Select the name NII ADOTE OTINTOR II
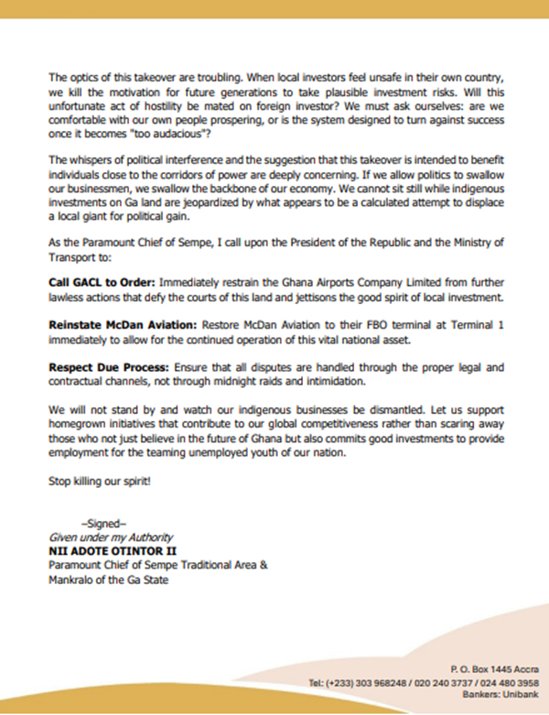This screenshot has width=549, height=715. tap(108, 552)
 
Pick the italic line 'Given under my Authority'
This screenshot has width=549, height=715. tap(104, 536)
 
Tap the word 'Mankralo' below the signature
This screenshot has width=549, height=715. tap(70, 579)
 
